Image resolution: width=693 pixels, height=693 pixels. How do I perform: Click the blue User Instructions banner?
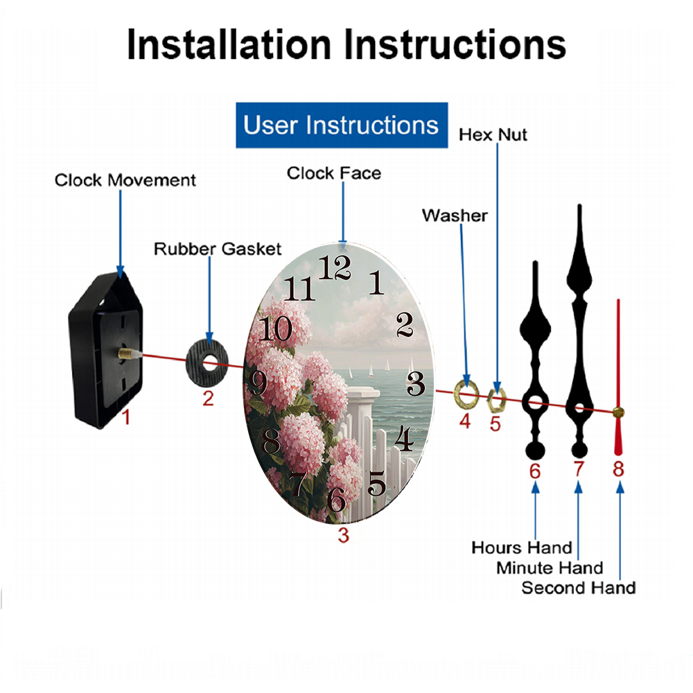pos(342,125)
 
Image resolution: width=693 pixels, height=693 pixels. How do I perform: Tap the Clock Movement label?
pos(125,180)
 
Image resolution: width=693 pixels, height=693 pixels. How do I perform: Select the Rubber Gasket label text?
pos(218,249)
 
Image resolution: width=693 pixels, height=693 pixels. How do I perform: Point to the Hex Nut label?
pos(493,135)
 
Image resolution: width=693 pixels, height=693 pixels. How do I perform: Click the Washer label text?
pos(455,216)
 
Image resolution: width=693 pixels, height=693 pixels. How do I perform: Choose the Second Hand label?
pos(579,588)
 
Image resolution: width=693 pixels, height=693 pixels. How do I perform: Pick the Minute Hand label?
pos(550,568)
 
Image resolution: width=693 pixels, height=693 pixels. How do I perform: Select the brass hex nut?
pos(496,401)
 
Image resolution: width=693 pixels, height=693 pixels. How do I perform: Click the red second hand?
pos(618,377)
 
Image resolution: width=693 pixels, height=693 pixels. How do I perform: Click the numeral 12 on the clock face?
pos(335,267)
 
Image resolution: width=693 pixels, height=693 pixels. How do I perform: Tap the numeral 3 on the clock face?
pos(415,383)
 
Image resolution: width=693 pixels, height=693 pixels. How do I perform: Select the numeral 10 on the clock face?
pos(275,328)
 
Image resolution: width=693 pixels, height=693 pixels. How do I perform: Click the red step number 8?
pos(618,469)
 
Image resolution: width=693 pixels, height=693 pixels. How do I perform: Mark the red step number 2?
pos(208,398)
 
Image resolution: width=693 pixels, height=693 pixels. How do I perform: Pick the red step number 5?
pos(495,424)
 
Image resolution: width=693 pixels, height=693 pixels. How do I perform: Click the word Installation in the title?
pos(229,44)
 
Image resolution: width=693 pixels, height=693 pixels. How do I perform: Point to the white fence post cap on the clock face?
pos(363,392)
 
